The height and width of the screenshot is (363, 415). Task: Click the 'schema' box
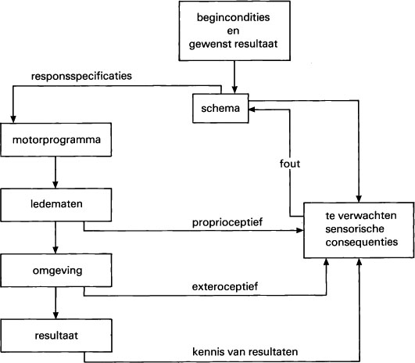[x=220, y=108]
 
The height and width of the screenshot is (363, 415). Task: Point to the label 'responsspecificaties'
[x=80, y=77]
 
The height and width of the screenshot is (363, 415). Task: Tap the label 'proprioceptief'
[x=227, y=222]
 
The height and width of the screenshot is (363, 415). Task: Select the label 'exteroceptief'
[x=225, y=286]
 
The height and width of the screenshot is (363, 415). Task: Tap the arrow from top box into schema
[x=233, y=78]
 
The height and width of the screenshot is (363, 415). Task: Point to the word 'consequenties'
[x=360, y=243]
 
